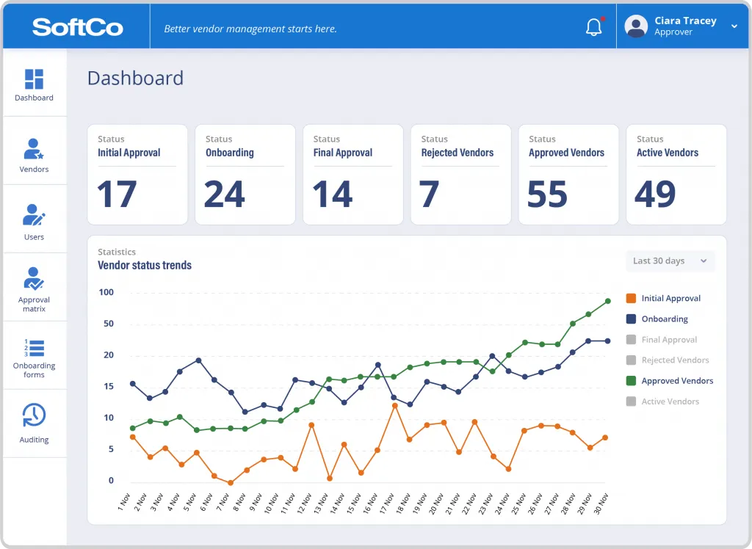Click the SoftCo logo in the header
[77, 28]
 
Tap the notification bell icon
[593, 28]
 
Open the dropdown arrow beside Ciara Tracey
[734, 26]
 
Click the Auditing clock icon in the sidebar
[34, 415]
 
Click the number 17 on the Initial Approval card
[117, 194]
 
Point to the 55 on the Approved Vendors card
[547, 194]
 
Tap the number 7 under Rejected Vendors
[430, 194]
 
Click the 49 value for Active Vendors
[655, 194]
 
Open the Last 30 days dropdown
[669, 261]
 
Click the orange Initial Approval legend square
[631, 299]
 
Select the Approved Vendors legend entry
[676, 381]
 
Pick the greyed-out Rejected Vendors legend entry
[675, 360]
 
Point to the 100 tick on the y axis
[106, 293]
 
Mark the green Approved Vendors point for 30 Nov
[608, 301]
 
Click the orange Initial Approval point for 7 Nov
[231, 483]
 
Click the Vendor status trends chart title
[145, 266]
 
